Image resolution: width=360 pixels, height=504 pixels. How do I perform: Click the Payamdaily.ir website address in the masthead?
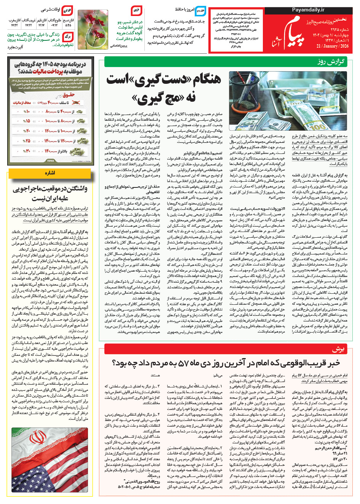pos(308,10)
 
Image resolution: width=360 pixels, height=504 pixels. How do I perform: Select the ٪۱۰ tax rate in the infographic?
pos(27,112)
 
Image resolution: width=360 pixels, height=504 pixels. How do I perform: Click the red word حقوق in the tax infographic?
pos(69,95)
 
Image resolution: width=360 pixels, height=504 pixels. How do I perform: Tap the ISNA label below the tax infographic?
pos(50,161)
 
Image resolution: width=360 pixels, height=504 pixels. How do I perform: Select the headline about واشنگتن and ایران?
pos(50,194)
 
